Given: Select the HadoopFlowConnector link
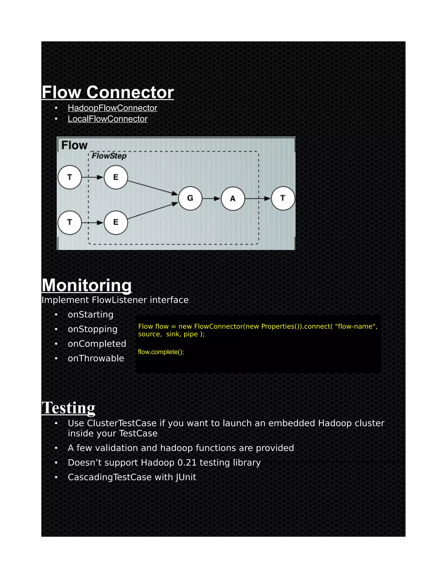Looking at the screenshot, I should pyautogui.click(x=112, y=108).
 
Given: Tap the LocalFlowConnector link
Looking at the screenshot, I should pyautogui.click(x=108, y=119).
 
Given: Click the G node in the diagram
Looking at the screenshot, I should pyautogui.click(x=190, y=198).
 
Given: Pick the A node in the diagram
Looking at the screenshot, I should pyautogui.click(x=233, y=198).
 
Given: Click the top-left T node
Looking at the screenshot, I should pyautogui.click(x=70, y=177).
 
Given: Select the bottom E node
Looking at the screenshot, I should pyautogui.click(x=116, y=222).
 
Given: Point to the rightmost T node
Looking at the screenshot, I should pyautogui.click(x=283, y=198).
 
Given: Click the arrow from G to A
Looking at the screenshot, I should pyautogui.click(x=211, y=198).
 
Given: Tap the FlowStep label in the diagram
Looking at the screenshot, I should pyautogui.click(x=109, y=156).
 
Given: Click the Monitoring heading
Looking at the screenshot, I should pyautogui.click(x=87, y=285).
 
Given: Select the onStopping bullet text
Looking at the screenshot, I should pyautogui.click(x=92, y=329).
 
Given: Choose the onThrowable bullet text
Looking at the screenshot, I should pyautogui.click(x=96, y=358).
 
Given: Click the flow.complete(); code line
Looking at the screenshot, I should pyautogui.click(x=161, y=352).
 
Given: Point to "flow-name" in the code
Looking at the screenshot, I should pyautogui.click(x=356, y=326).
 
